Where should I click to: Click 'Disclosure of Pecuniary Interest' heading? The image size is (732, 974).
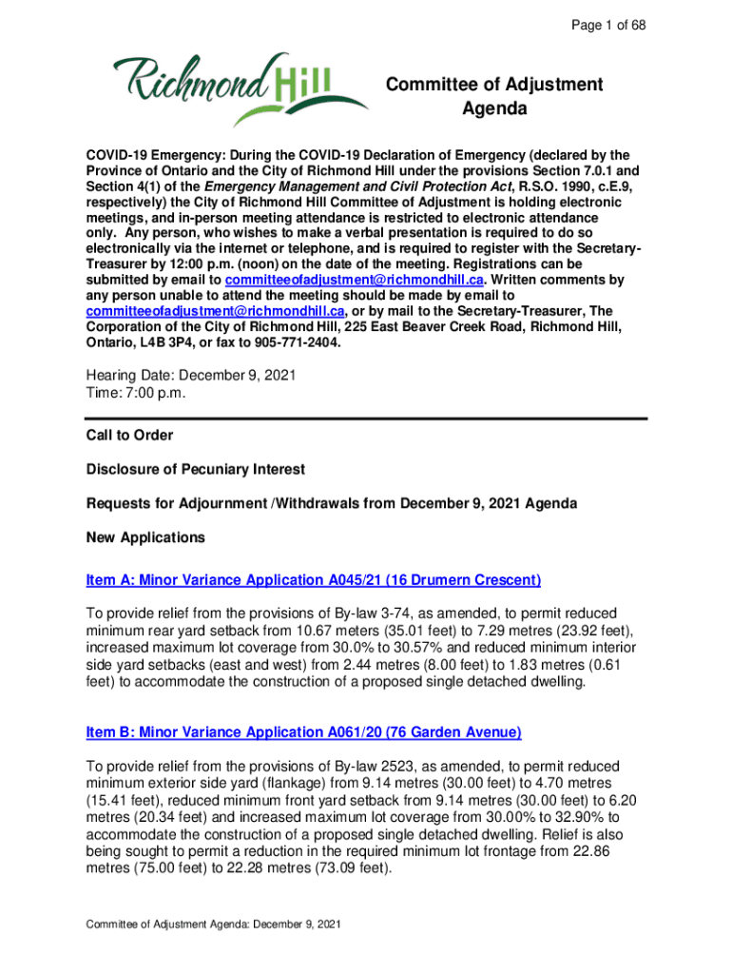(196, 469)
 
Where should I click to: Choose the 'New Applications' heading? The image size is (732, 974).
(145, 537)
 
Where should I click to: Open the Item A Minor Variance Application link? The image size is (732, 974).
(314, 580)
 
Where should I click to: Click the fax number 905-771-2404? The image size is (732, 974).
(295, 342)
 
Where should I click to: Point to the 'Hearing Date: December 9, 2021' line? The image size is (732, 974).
(191, 376)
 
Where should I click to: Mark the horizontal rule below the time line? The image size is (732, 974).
(366, 418)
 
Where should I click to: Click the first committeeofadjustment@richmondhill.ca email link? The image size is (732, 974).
(355, 280)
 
